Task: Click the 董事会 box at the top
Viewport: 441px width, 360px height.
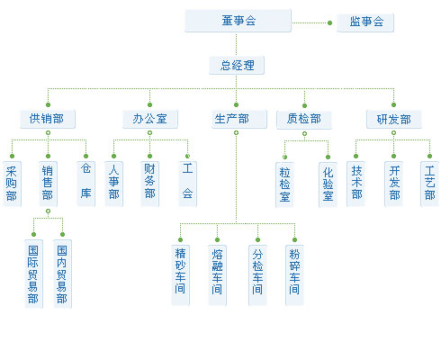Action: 238,21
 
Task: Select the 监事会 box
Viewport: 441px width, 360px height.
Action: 365,22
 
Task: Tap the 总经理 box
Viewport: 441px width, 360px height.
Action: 237,65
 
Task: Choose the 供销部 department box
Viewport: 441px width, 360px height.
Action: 48,119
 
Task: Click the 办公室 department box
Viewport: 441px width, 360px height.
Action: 150,119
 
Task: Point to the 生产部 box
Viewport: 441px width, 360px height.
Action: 239,119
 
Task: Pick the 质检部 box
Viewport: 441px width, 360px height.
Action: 304,120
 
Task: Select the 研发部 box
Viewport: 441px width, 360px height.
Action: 394,119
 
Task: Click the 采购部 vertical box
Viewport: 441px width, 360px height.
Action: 12,184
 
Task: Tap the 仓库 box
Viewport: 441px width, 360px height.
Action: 85,184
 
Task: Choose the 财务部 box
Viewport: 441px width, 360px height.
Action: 149,184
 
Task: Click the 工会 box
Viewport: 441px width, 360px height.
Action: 187,184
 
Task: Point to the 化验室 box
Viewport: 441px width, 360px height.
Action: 328,184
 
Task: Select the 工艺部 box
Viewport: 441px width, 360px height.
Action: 429,184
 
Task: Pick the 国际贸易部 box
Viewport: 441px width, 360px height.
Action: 33,274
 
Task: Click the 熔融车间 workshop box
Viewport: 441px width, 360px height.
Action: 217,275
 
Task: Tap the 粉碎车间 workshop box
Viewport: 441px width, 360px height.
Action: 294,275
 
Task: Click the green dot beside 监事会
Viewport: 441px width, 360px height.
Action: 329,22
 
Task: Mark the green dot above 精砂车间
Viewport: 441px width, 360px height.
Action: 180,239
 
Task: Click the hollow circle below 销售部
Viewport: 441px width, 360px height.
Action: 48,211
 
